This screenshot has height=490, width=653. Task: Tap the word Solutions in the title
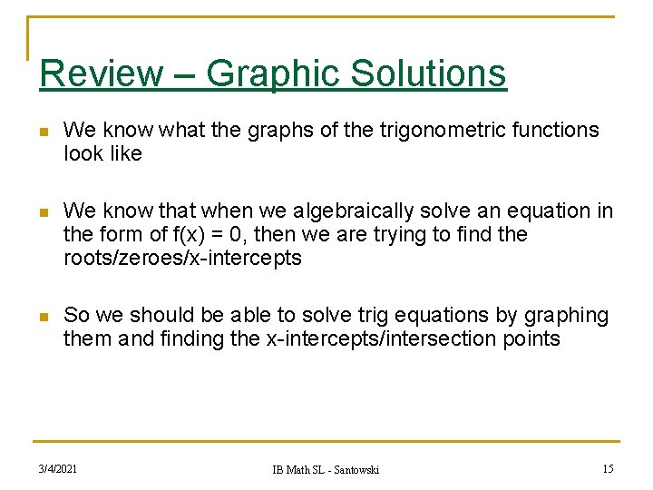pos(427,73)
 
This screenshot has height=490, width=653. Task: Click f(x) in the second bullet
pos(194,235)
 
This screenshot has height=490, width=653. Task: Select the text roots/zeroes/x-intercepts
pos(182,259)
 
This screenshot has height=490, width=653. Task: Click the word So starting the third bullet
pos(75,316)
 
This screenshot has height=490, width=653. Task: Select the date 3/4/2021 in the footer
pos(57,468)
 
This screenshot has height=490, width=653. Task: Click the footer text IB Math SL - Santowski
pos(326,469)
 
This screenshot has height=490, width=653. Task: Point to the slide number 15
pos(608,468)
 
